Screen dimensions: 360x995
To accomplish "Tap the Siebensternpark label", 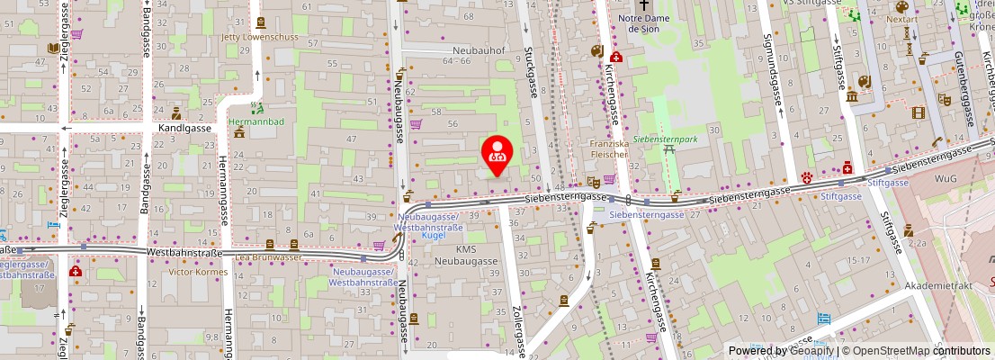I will [x=665, y=139].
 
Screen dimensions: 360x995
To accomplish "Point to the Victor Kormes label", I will [x=194, y=272].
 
